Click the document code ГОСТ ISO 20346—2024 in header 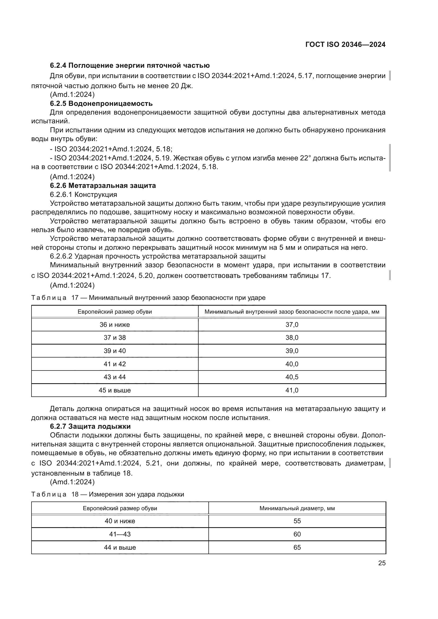[x=345, y=44]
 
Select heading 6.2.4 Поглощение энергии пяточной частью [x=130, y=66]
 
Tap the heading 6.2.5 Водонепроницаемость [x=101, y=103]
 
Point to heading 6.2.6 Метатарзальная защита [x=103, y=186]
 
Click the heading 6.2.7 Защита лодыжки [x=90, y=426]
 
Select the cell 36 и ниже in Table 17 [x=115, y=325]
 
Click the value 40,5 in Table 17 [x=292, y=377]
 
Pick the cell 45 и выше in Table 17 [x=115, y=390]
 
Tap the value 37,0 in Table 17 [x=292, y=325]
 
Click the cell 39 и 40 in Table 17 [x=115, y=351]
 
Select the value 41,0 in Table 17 [x=292, y=390]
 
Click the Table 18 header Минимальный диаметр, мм [x=297, y=508]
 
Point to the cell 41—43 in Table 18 [x=120, y=534]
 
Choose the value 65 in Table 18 [x=297, y=547]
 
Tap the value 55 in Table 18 [x=297, y=521]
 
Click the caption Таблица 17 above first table [x=148, y=298]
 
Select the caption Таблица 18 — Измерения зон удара [x=108, y=494]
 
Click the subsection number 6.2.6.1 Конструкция [x=83, y=195]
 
